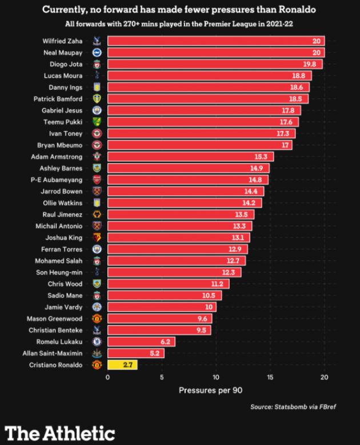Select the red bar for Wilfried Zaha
click(x=215, y=41)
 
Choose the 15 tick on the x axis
click(x=270, y=378)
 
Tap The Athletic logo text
click(x=60, y=432)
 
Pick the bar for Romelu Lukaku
click(x=141, y=341)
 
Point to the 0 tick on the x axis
click(x=107, y=378)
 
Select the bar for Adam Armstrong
click(x=190, y=157)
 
